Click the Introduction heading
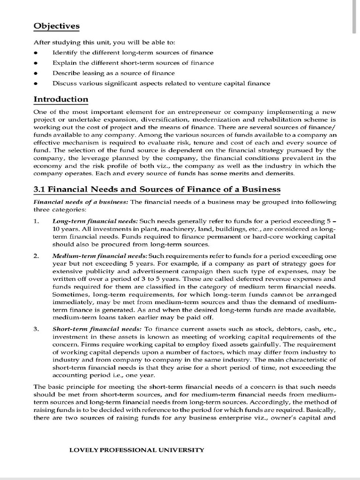[61, 99]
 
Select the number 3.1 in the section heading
[40, 189]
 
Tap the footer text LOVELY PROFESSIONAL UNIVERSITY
[136, 450]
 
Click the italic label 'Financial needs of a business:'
[81, 202]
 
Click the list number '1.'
[37, 221]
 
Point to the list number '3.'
[37, 330]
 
